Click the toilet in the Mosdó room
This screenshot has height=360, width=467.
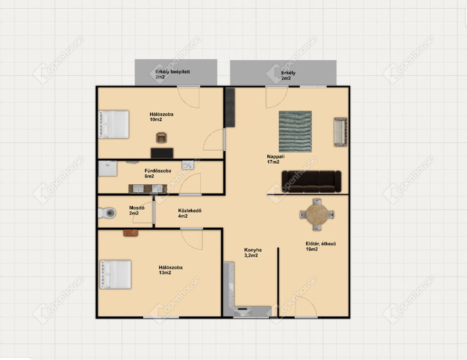[x=107, y=213]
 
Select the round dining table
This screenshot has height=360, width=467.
[x=317, y=214]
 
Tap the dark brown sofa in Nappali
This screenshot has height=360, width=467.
[x=311, y=182]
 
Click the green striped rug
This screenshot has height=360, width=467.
[x=295, y=131]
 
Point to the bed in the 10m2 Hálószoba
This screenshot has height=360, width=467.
[x=114, y=125]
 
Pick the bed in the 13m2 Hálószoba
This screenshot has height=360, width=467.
[x=115, y=275]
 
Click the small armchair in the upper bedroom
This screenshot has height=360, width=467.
[x=161, y=138]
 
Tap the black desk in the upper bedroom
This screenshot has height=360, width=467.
[x=162, y=153]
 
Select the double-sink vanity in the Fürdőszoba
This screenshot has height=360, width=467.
[x=148, y=188]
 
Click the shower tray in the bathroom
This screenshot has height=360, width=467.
[x=108, y=168]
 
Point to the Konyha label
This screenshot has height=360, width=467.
[x=253, y=250]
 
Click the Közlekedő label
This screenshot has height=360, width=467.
[x=190, y=211]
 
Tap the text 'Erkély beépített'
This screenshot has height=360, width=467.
[x=172, y=72]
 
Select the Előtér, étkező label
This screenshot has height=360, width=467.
[x=321, y=244]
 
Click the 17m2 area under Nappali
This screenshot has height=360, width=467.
[x=273, y=162]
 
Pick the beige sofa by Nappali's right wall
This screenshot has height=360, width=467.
[x=340, y=132]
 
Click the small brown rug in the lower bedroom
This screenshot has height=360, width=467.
[x=131, y=233]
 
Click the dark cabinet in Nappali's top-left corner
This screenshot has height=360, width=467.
[x=230, y=107]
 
